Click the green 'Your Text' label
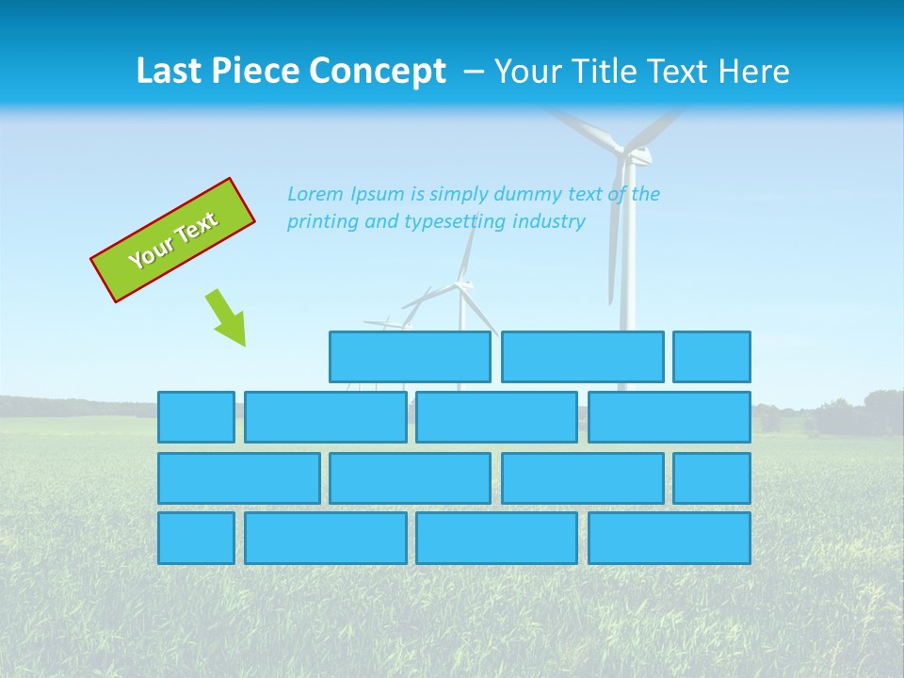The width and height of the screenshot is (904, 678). pos(173,240)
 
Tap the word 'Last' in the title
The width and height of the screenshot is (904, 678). pos(168,72)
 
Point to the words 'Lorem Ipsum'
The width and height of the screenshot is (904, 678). pos(346,194)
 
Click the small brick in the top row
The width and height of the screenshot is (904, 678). pos(712,357)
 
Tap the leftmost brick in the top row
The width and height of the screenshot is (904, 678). pos(410,357)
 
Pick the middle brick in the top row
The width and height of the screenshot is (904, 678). pos(582,357)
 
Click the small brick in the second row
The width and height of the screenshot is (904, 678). pos(196,417)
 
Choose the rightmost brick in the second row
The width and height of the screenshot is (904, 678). pos(670,417)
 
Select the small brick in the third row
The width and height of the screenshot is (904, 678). pos(712,477)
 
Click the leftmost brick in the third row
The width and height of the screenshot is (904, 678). pos(238,477)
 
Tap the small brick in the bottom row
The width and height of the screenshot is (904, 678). pos(196,538)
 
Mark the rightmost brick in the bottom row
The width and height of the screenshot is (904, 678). pos(670,538)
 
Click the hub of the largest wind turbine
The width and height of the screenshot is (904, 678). pos(625,151)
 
